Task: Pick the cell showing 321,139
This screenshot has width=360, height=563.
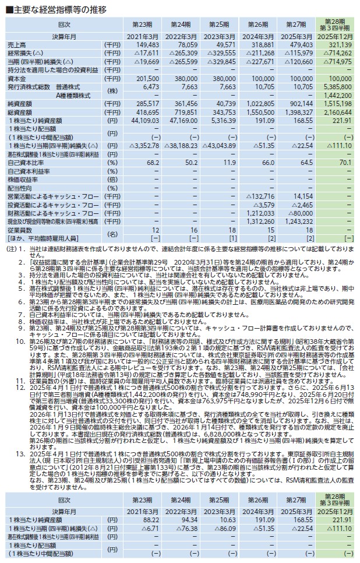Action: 339,45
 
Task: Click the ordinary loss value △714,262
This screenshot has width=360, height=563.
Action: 337,54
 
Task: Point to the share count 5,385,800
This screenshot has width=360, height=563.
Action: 338,86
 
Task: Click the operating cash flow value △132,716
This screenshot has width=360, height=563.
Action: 261,196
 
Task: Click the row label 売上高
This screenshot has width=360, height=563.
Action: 17,45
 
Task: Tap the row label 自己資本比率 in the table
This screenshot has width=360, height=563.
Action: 24,163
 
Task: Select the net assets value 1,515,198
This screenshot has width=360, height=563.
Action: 338,102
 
